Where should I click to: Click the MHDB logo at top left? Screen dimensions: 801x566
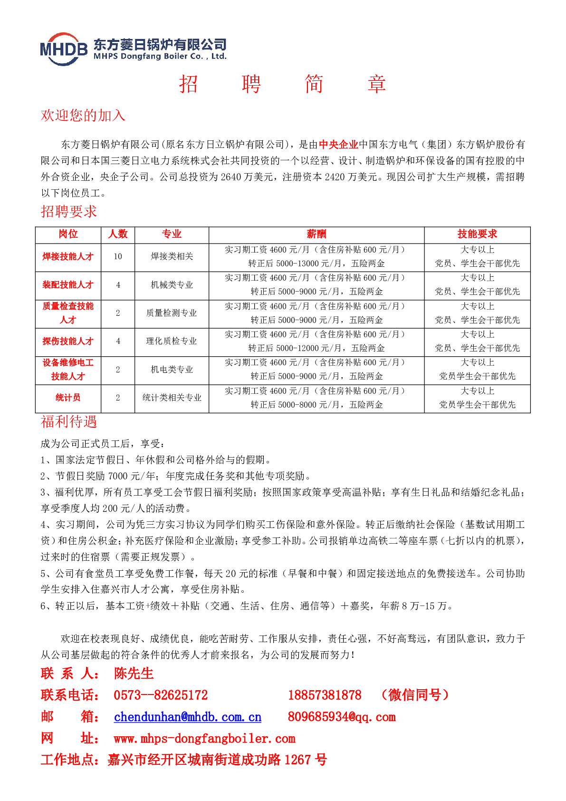(64, 49)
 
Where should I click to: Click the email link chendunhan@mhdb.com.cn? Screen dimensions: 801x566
(187, 717)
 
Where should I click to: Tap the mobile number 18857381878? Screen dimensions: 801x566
(324, 695)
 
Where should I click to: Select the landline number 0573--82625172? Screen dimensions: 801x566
(161, 695)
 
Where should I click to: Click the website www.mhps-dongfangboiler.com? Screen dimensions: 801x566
(204, 739)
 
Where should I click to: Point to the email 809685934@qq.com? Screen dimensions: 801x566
(341, 717)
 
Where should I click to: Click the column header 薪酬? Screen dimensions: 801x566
(316, 234)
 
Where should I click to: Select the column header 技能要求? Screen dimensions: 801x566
(477, 234)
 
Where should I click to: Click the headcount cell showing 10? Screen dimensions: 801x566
(118, 257)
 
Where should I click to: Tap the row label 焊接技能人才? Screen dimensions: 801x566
(68, 257)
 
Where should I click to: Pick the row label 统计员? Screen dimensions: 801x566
(68, 398)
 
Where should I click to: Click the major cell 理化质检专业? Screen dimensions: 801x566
(172, 341)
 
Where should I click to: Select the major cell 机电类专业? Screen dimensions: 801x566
(172, 370)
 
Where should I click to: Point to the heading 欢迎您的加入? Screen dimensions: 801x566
(83, 115)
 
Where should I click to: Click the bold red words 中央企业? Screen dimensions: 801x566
(338, 145)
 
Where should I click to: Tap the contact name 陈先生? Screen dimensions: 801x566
(134, 674)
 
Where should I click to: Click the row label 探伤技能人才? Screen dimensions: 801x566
(68, 341)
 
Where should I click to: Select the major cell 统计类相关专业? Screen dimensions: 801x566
(172, 398)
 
